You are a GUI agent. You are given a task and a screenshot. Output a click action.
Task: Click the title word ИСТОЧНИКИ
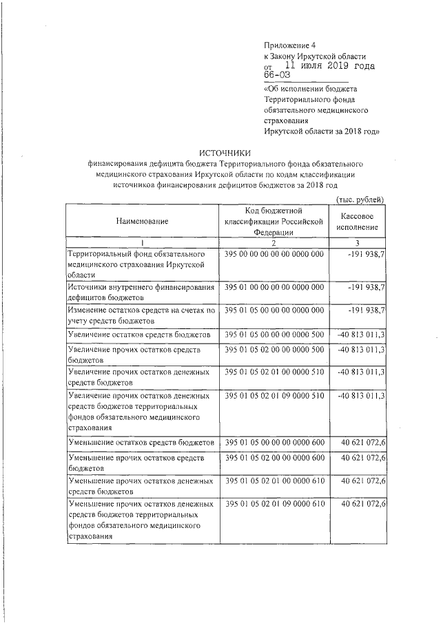(225, 152)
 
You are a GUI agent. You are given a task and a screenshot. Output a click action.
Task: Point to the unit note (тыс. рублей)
(359, 199)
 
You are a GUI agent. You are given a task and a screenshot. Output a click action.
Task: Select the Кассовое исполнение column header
(358, 221)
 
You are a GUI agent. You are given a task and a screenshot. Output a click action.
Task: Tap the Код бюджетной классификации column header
(274, 221)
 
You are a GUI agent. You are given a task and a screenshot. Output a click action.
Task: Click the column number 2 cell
(274, 242)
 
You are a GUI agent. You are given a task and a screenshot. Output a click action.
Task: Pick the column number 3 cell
(358, 242)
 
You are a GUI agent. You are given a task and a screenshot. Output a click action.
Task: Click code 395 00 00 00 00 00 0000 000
(274, 255)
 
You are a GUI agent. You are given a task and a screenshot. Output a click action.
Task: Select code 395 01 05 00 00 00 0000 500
(274, 334)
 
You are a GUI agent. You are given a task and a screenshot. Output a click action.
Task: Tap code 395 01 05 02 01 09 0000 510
(274, 396)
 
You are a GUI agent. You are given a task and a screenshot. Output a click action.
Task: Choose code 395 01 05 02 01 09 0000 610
(274, 505)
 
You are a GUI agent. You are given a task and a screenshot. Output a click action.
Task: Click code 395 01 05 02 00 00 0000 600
(274, 458)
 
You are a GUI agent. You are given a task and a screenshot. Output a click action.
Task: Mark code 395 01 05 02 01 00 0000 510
(274, 372)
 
